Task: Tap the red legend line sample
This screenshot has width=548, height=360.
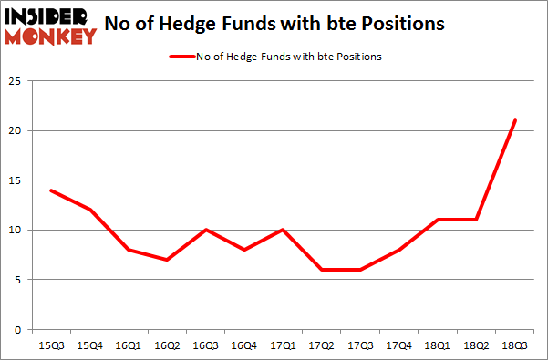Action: (180, 57)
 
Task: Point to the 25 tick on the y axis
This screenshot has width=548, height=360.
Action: (15, 82)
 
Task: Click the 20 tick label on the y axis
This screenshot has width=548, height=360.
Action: (15, 131)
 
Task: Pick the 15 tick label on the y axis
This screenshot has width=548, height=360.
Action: (15, 180)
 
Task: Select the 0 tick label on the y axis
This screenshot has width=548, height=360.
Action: (17, 329)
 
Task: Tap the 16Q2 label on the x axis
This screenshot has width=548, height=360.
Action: (165, 345)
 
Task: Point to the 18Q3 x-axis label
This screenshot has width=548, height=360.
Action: (515, 345)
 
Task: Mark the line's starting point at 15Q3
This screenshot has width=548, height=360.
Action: (50, 190)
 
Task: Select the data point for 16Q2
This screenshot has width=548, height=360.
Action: (167, 260)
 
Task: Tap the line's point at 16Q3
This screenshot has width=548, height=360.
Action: (205, 230)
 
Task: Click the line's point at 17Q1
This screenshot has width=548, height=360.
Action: (283, 230)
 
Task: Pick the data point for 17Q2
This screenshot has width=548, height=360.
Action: (322, 270)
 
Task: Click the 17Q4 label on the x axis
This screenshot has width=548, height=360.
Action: (398, 345)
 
